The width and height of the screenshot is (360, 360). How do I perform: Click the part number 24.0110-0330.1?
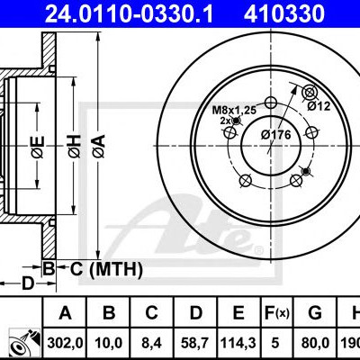point(129,13)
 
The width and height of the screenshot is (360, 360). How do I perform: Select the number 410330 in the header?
point(284,13)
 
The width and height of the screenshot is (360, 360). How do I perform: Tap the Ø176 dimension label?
point(275,135)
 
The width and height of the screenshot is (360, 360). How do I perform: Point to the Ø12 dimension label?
point(319,106)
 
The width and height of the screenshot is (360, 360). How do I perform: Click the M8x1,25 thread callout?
point(234,110)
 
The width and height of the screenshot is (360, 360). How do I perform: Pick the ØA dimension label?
point(99,146)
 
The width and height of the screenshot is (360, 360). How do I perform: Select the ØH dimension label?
point(74,146)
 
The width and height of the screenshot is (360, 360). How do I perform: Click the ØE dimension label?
point(38,147)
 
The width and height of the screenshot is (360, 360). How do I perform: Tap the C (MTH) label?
point(106,269)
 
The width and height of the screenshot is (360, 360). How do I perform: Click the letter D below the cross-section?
point(28,283)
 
